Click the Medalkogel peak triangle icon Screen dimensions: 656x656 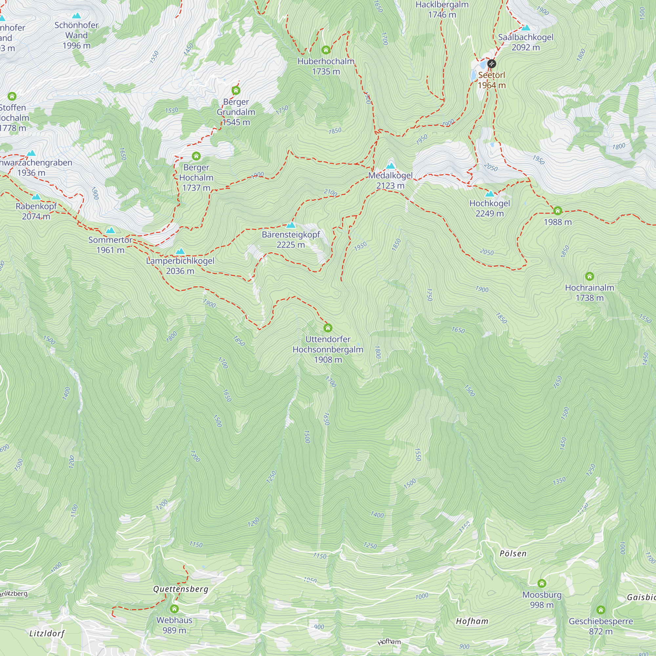tap(390, 166)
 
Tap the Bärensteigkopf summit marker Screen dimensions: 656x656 tap(291, 225)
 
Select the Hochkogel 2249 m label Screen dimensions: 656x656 tap(489, 208)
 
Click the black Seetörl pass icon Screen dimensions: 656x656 tap(491, 64)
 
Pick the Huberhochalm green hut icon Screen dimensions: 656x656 tap(326, 50)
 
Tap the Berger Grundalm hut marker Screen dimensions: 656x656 tap(236, 91)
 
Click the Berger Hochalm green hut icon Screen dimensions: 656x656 tap(196, 156)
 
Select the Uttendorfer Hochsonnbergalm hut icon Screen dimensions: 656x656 tap(328, 328)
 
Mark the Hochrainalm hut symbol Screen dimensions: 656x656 tap(589, 277)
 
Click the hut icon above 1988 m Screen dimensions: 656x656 tap(558, 211)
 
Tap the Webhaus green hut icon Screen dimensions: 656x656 tap(174, 609)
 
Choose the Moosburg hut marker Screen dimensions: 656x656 tap(542, 583)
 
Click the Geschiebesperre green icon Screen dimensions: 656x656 tap(601, 610)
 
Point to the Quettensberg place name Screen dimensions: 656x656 tap(181, 589)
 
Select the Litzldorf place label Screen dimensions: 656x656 tap(47, 634)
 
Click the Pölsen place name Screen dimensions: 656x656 tap(513, 553)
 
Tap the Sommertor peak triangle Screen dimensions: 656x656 tap(110, 231)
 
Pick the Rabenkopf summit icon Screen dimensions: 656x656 tap(36, 197)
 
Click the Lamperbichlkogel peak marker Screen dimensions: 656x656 tap(180, 252)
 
